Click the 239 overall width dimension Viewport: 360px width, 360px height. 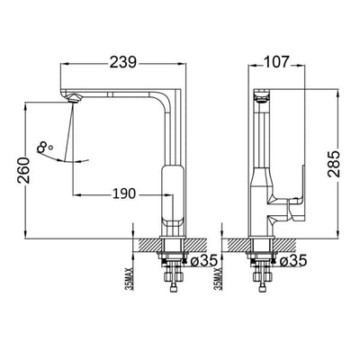coord(125,63)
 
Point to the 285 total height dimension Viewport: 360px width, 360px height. coord(332,161)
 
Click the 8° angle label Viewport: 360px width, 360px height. coord(47,145)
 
